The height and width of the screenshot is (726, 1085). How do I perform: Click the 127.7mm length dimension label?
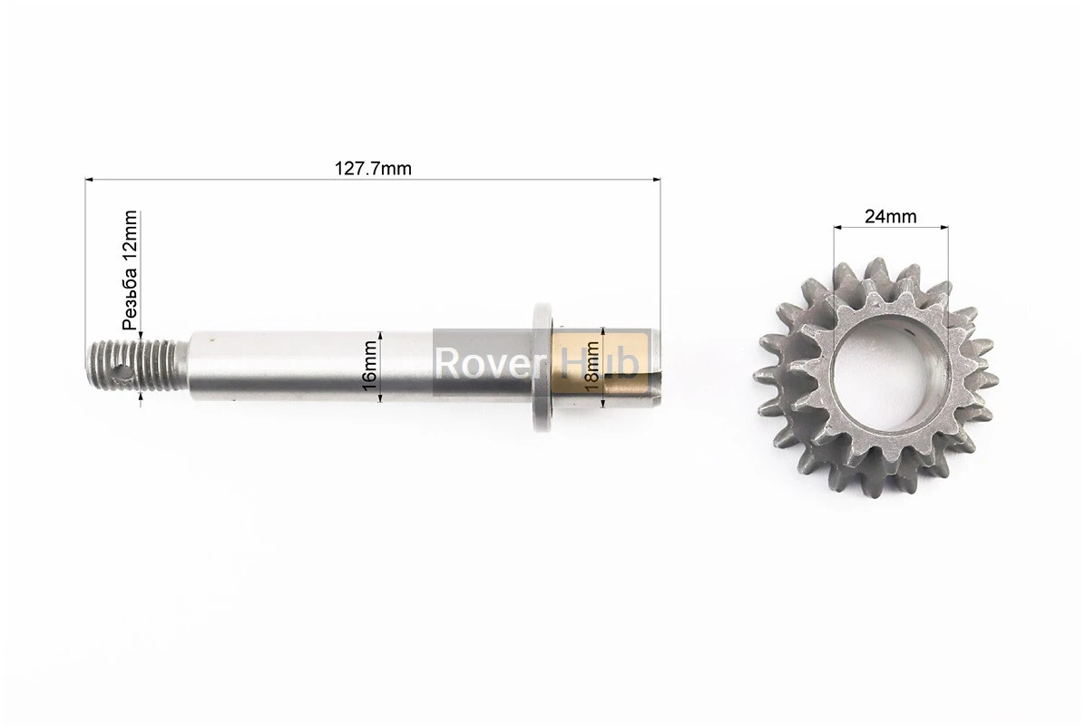click(x=373, y=168)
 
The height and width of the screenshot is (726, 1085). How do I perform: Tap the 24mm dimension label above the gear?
click(x=891, y=217)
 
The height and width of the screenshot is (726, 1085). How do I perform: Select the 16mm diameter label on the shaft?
click(x=370, y=366)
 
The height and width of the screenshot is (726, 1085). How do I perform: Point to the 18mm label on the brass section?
click(x=592, y=366)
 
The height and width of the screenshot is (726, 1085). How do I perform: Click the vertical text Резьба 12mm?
click(x=130, y=270)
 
